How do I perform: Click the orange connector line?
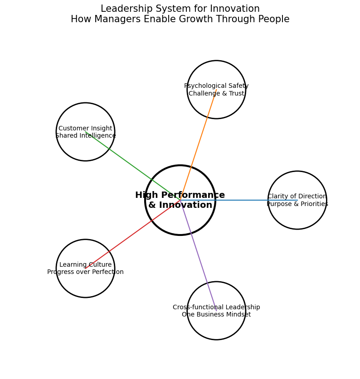tap(198, 145)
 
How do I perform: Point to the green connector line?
tap(133, 166)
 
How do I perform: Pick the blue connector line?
tap(238, 200)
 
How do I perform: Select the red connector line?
tap(133, 234)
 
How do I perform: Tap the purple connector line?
tap(198, 255)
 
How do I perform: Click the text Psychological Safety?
tap(216, 86)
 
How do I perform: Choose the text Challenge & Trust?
tap(216, 93)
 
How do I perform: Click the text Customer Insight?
tap(85, 128)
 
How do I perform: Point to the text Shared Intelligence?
tap(85, 135)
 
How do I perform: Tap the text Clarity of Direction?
tap(297, 196)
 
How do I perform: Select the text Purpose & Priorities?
tap(297, 204)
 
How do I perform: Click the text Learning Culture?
tap(85, 264)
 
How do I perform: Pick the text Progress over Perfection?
tap(85, 272)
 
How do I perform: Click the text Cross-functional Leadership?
tap(216, 307)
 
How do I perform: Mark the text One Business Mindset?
tap(216, 314)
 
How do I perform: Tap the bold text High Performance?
tap(180, 195)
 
